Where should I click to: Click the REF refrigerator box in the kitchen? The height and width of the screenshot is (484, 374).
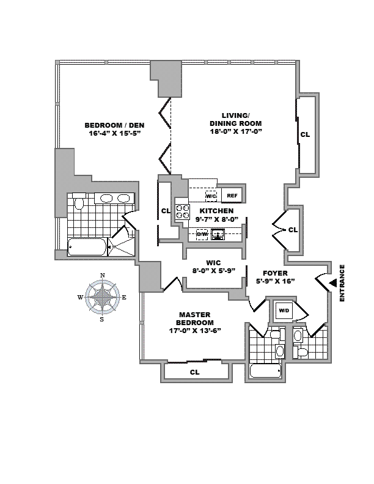(x=231, y=196)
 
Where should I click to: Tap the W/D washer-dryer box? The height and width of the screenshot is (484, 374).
(x=283, y=311)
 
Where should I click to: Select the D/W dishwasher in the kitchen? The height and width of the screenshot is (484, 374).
(x=202, y=233)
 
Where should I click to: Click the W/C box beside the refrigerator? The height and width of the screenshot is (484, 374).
(x=211, y=196)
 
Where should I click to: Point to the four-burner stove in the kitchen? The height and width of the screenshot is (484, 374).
(x=183, y=211)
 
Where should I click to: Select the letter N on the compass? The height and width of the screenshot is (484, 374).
(x=102, y=275)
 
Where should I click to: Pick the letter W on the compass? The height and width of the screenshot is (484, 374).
(x=80, y=298)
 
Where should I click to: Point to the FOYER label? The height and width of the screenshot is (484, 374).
(x=274, y=273)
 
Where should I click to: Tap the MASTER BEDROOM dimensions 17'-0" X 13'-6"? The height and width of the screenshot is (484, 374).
(x=195, y=331)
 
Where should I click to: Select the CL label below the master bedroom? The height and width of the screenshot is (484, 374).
(x=194, y=372)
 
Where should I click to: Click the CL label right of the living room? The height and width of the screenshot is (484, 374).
(x=304, y=134)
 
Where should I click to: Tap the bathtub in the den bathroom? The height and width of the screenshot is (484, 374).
(x=86, y=248)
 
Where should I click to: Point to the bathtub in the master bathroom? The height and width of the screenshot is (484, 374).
(x=265, y=371)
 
